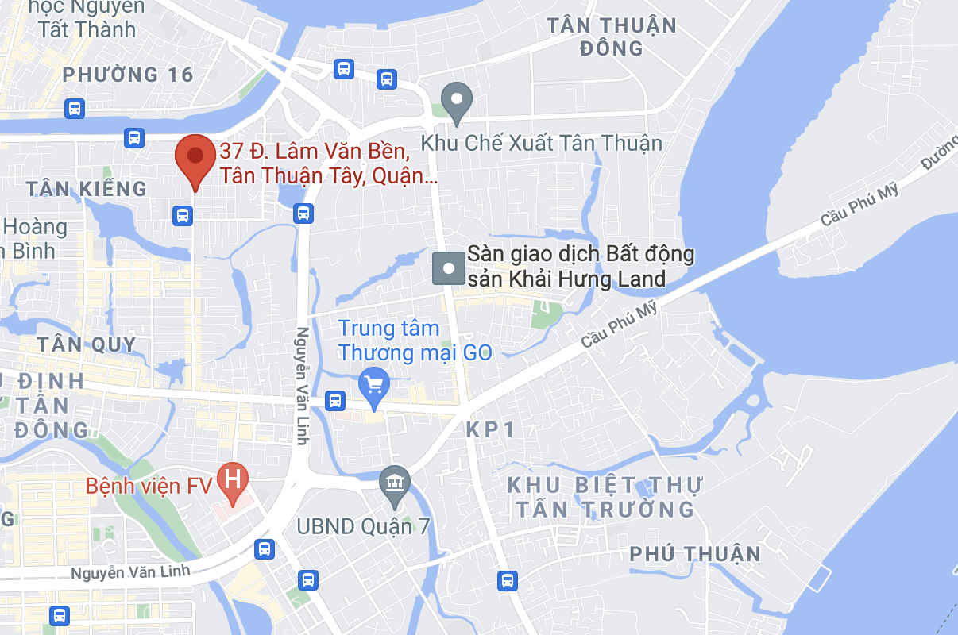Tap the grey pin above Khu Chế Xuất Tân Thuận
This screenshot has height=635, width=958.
click(457, 102)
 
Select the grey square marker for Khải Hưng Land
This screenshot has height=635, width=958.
click(448, 268)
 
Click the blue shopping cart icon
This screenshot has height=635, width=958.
click(373, 386)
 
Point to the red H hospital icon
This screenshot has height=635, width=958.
click(233, 481)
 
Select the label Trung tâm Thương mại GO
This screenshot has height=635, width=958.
click(415, 341)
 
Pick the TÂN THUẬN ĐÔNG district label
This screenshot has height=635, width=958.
click(612, 37)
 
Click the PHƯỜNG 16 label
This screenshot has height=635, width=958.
click(128, 75)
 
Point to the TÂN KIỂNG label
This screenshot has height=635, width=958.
click(87, 189)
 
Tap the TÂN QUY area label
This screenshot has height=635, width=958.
click(87, 344)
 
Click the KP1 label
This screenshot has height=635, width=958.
click(490, 430)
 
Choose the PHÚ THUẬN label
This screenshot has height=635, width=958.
click(695, 554)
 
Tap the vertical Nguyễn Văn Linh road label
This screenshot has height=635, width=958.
click(302, 386)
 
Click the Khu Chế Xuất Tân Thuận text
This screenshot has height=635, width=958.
click(541, 144)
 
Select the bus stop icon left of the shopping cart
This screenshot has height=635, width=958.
click(335, 401)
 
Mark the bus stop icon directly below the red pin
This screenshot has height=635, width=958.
click(183, 214)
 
